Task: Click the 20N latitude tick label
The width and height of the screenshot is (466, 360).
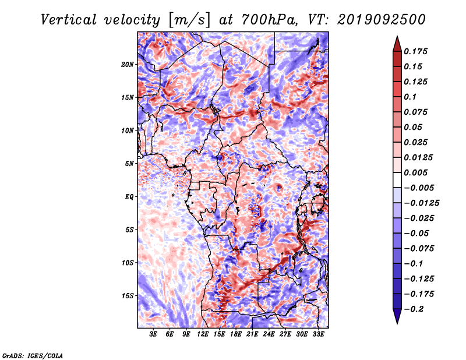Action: tap(128, 64)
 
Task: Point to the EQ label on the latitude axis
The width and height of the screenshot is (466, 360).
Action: tap(129, 197)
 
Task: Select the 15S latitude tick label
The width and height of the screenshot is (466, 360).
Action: tap(128, 296)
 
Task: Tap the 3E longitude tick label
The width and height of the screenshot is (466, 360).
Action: tap(153, 334)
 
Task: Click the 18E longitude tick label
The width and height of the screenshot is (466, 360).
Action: tap(236, 334)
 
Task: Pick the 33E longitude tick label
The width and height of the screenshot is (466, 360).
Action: tap(318, 334)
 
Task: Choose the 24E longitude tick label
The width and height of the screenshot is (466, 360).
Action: tap(269, 334)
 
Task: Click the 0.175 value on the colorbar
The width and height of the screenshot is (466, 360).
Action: tap(415, 51)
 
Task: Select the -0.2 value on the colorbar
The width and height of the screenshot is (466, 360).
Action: tap(414, 309)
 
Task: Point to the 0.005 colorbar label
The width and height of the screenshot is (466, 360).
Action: tap(415, 172)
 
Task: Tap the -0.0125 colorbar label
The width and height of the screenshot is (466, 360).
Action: tap(421, 203)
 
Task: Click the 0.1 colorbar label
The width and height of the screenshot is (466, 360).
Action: tap(410, 97)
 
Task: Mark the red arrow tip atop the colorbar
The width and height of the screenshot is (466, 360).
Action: tap(397, 37)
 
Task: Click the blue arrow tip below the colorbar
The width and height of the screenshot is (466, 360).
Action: tap(397, 323)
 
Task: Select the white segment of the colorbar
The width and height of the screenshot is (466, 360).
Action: tap(397, 180)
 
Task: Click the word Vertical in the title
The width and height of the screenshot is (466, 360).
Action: tap(69, 20)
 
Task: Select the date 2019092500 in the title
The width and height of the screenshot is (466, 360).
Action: tap(382, 20)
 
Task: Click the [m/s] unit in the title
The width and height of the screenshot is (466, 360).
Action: tap(189, 20)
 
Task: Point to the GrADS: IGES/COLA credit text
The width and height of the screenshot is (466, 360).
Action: tap(33, 355)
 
